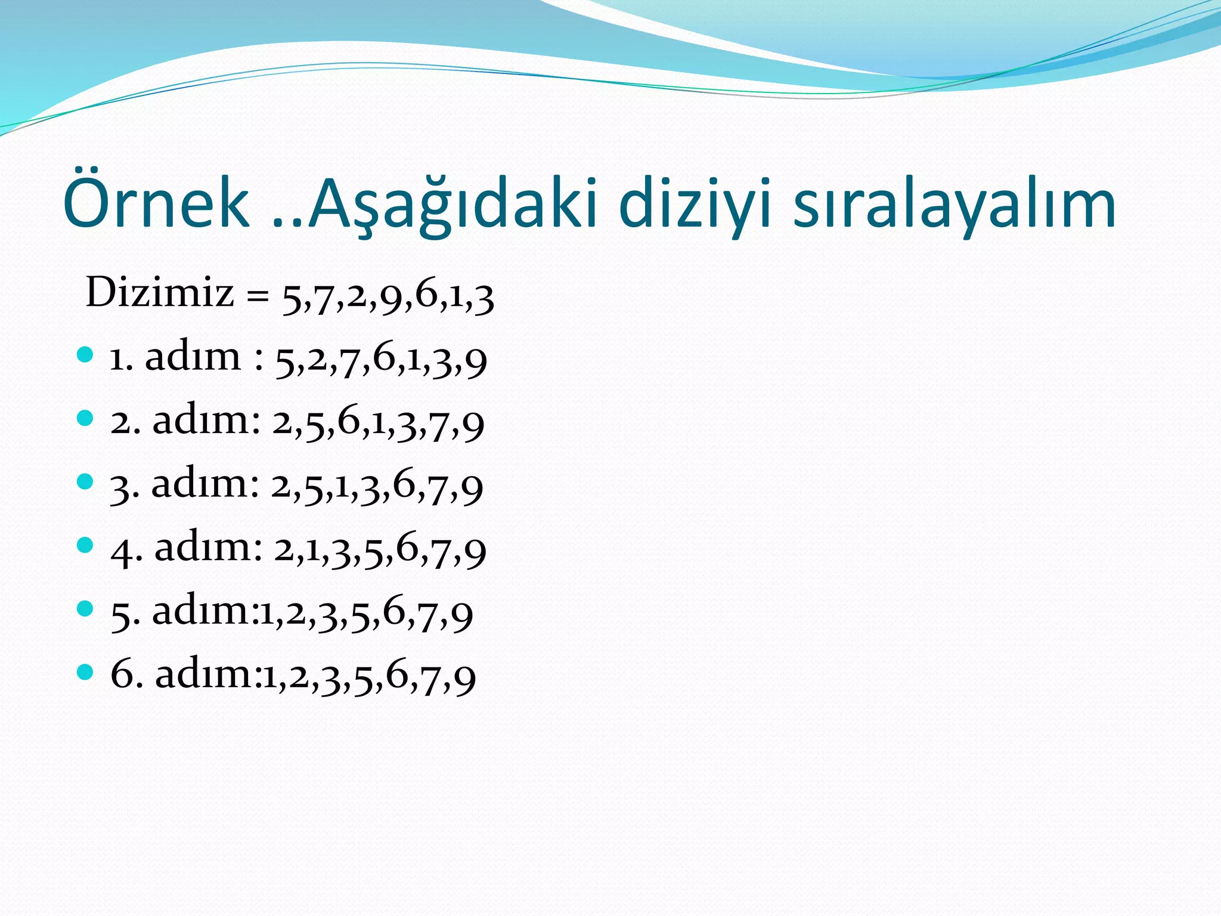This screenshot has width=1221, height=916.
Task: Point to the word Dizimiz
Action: point(160,293)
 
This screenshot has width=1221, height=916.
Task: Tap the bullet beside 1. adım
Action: point(86,355)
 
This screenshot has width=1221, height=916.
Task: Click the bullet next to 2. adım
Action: point(86,418)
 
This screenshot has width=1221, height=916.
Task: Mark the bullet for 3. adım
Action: point(86,481)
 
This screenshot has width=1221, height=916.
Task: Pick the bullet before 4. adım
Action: point(86,544)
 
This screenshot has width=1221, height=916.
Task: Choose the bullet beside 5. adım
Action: point(86,608)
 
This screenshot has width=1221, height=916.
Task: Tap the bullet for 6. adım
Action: point(86,672)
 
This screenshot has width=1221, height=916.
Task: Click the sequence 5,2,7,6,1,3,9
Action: point(381,360)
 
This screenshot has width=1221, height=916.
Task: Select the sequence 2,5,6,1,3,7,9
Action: point(379,423)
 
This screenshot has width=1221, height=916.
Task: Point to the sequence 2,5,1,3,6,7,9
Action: point(377,486)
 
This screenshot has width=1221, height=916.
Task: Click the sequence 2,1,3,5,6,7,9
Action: point(380,549)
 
